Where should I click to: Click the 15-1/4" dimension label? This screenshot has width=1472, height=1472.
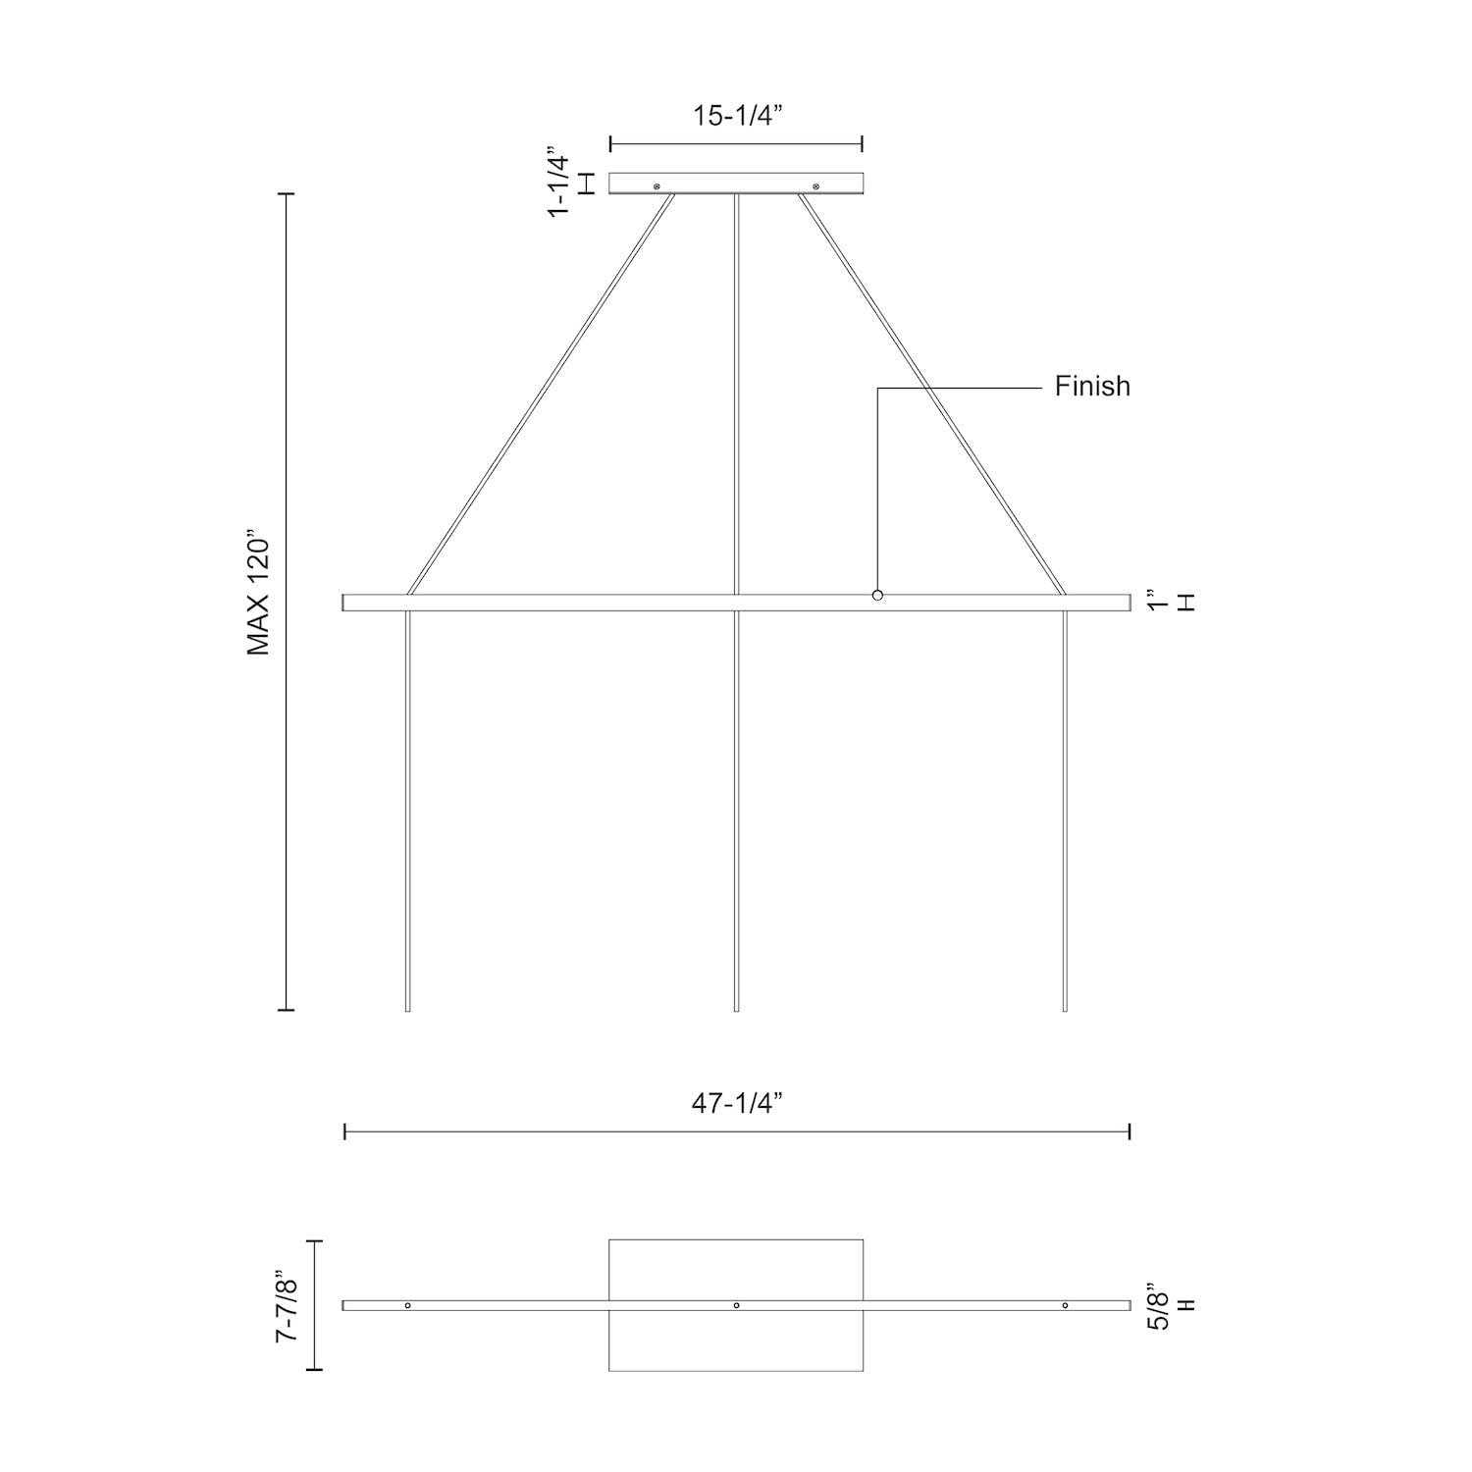tap(736, 116)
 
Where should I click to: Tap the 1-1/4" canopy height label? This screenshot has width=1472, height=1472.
tap(558, 184)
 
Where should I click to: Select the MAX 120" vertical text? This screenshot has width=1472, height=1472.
tap(258, 596)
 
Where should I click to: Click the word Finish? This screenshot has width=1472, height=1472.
tap(1092, 387)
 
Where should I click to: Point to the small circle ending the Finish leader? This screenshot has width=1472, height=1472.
tap(877, 596)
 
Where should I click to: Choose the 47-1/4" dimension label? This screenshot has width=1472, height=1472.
tap(736, 1104)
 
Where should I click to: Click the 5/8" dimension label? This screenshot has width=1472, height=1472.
tap(1159, 1305)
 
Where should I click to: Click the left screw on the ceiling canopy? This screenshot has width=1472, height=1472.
tap(657, 184)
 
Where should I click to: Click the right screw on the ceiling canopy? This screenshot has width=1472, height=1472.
tap(815, 184)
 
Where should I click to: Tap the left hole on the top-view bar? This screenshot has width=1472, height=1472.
tap(408, 1305)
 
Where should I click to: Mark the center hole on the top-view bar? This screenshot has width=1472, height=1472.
tap(736, 1305)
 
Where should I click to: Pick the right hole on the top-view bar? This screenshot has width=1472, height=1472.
tap(1065, 1305)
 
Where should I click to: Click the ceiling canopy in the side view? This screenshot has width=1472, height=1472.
tap(736, 184)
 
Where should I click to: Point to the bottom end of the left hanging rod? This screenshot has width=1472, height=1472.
tap(407, 1007)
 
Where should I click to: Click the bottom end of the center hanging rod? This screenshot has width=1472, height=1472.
tap(736, 1007)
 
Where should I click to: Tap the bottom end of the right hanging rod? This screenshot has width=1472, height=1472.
tap(1065, 1007)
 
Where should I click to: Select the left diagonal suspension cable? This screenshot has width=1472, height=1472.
tap(541, 393)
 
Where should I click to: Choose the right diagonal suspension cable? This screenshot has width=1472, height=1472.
tap(932, 393)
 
